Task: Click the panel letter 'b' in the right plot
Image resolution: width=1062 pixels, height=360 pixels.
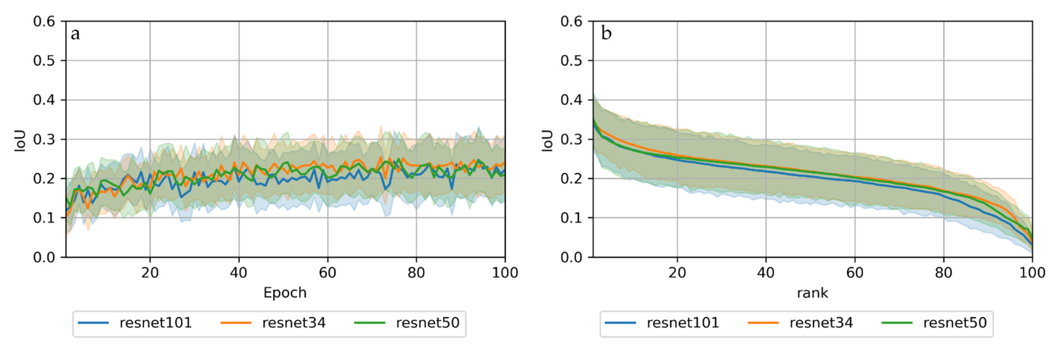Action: (x=606, y=33)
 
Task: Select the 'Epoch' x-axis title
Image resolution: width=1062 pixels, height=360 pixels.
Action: (x=285, y=293)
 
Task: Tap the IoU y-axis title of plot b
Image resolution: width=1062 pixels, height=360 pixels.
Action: (x=547, y=141)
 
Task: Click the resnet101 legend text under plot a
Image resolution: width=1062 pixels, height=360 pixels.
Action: (x=156, y=323)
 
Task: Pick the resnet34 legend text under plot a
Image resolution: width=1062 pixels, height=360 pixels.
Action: (x=294, y=323)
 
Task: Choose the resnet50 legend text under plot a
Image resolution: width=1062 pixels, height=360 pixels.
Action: (x=428, y=323)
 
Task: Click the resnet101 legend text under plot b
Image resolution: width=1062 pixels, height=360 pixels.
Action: (x=683, y=323)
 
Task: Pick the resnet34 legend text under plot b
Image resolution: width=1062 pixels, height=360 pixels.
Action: (x=821, y=323)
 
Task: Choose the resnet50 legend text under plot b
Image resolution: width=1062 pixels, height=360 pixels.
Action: (x=955, y=323)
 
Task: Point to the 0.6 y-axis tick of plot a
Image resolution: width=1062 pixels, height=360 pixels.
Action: (x=44, y=21)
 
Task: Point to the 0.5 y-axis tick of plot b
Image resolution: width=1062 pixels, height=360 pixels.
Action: (x=571, y=61)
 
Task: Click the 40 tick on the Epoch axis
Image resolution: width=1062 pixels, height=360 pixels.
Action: (x=239, y=273)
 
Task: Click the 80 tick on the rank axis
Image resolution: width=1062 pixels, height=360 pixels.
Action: (x=943, y=273)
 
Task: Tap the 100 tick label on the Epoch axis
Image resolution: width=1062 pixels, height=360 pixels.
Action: (x=505, y=273)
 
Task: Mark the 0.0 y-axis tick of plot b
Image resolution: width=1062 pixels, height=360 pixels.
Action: (x=571, y=257)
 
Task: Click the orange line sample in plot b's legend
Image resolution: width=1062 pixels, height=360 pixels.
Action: (x=763, y=323)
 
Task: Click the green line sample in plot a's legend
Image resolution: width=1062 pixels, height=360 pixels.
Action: (x=369, y=323)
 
